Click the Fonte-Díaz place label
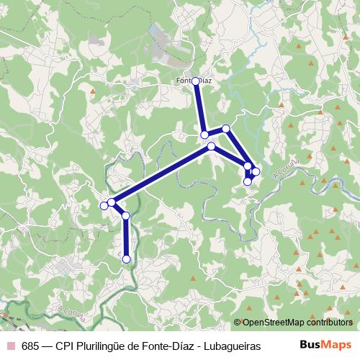click(194, 81)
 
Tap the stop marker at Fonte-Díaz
click(196, 81)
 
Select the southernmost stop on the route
click(126, 259)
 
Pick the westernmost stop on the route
click(104, 206)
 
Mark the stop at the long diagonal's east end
click(211, 146)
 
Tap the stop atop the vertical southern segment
click(125, 215)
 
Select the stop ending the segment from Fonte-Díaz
click(204, 135)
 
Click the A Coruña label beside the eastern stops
click(284, 171)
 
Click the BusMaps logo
click(325, 346)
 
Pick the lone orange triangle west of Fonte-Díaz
click(93, 91)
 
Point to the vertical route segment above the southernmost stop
click(126, 238)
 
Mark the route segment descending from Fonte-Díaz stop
click(200, 108)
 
